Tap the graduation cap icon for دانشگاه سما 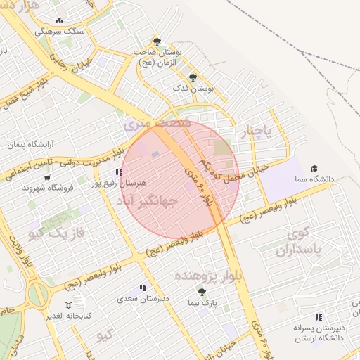(x=314, y=169)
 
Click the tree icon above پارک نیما (x=202, y=291)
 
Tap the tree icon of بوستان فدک (x=193, y=78)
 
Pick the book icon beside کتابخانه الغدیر (x=68, y=305)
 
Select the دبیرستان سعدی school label (x=144, y=298)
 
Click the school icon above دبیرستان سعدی (x=143, y=288)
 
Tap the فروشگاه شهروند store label (x=44, y=188)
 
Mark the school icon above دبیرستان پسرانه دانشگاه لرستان (x=319, y=317)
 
